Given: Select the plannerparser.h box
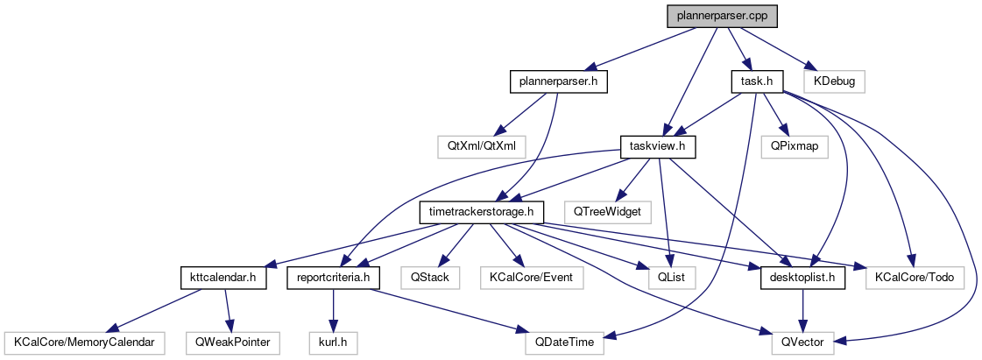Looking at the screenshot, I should [559, 81].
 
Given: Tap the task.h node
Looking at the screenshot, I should [756, 81].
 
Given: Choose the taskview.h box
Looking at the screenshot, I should [657, 146].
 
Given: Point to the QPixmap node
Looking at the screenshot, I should [795, 146].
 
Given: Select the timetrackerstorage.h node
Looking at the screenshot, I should [483, 211].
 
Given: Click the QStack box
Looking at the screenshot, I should [425, 277].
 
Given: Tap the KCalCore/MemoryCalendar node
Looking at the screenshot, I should [83, 342].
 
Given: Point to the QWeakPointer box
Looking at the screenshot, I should [231, 342].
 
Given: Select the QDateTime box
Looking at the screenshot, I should [564, 342].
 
